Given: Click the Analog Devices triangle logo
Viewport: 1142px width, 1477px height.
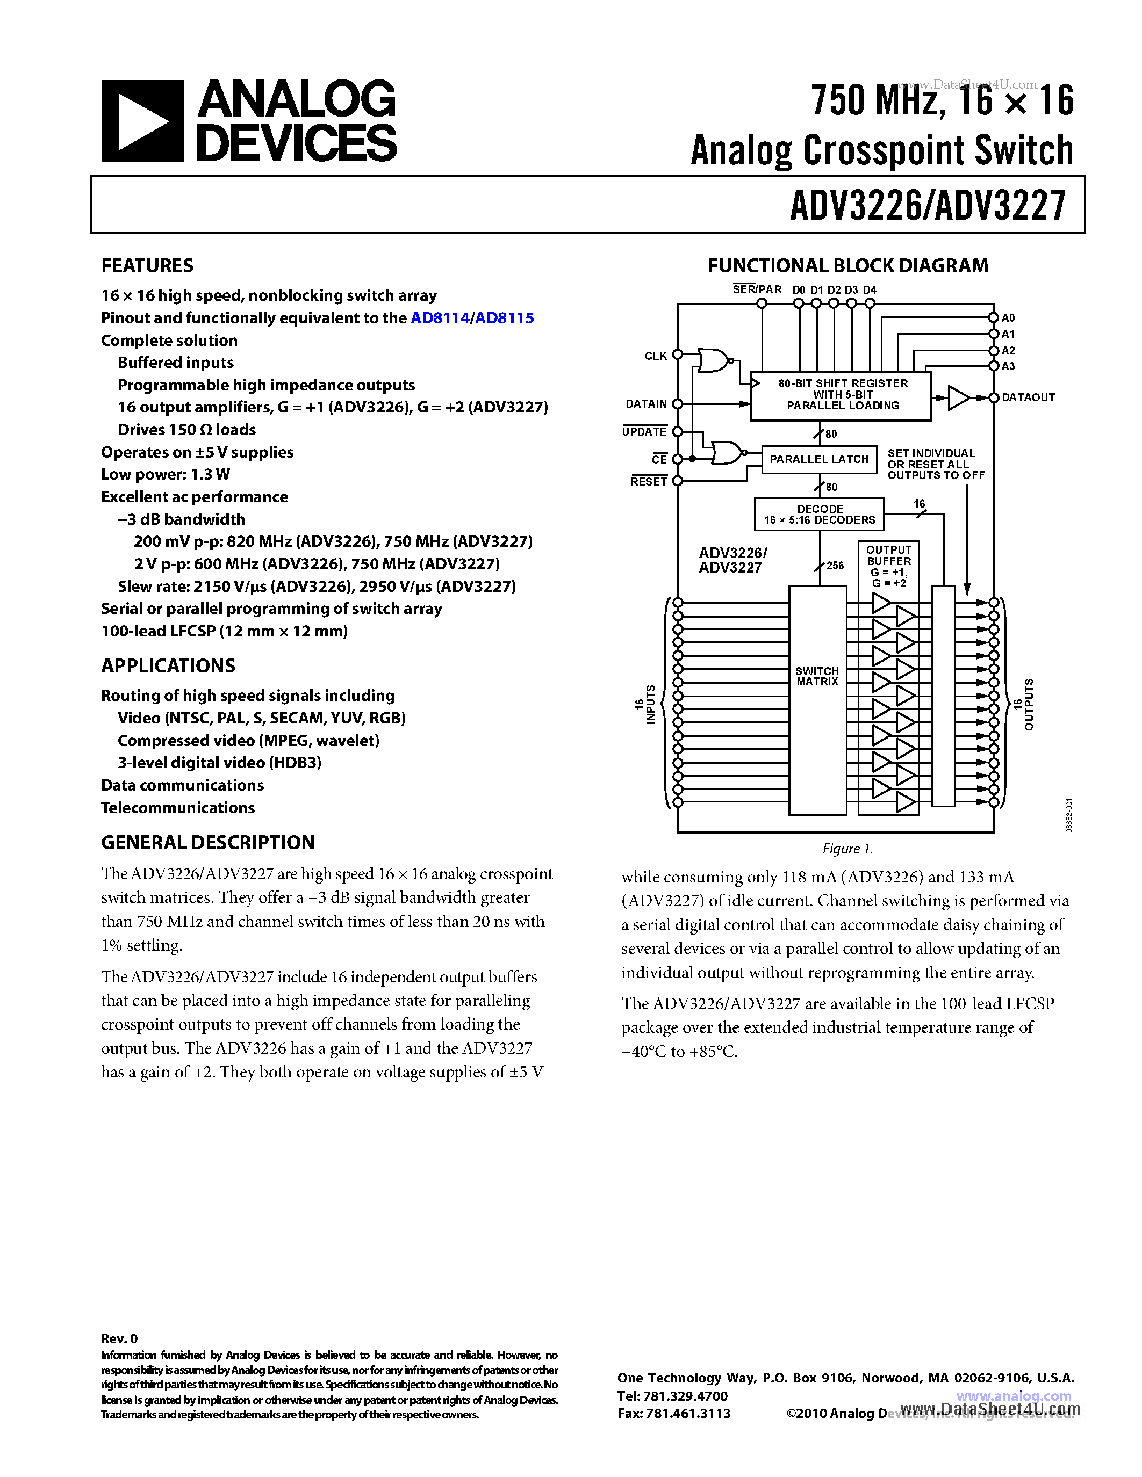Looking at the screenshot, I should point(142,121).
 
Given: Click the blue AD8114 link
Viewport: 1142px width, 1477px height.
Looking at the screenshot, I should point(439,318).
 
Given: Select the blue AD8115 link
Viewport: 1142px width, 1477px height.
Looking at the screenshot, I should point(504,318).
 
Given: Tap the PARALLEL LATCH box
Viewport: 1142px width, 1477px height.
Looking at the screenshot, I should point(818,459).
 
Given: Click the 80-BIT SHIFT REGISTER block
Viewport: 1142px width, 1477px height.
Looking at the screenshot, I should point(842,395).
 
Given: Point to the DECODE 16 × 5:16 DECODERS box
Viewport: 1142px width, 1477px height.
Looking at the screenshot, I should point(820,515).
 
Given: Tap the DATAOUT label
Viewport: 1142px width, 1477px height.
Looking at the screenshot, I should point(1028,397).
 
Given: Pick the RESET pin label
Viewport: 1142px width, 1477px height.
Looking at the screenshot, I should point(649,482).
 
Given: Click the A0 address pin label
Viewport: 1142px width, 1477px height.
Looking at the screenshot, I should point(1008,318).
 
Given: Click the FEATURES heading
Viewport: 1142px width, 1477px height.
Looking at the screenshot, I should point(147,266).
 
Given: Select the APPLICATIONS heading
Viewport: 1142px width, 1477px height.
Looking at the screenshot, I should point(168,666).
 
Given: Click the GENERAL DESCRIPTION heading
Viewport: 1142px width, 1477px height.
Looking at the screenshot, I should point(207,843).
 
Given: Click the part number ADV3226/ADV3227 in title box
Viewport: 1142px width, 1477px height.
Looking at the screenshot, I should point(928,205).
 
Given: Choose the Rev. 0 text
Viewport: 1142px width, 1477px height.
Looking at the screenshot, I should point(119,1338).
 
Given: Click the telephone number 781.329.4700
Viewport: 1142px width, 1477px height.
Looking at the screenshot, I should point(686,1396).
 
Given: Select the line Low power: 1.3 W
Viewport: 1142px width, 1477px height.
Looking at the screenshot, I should point(165,475).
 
